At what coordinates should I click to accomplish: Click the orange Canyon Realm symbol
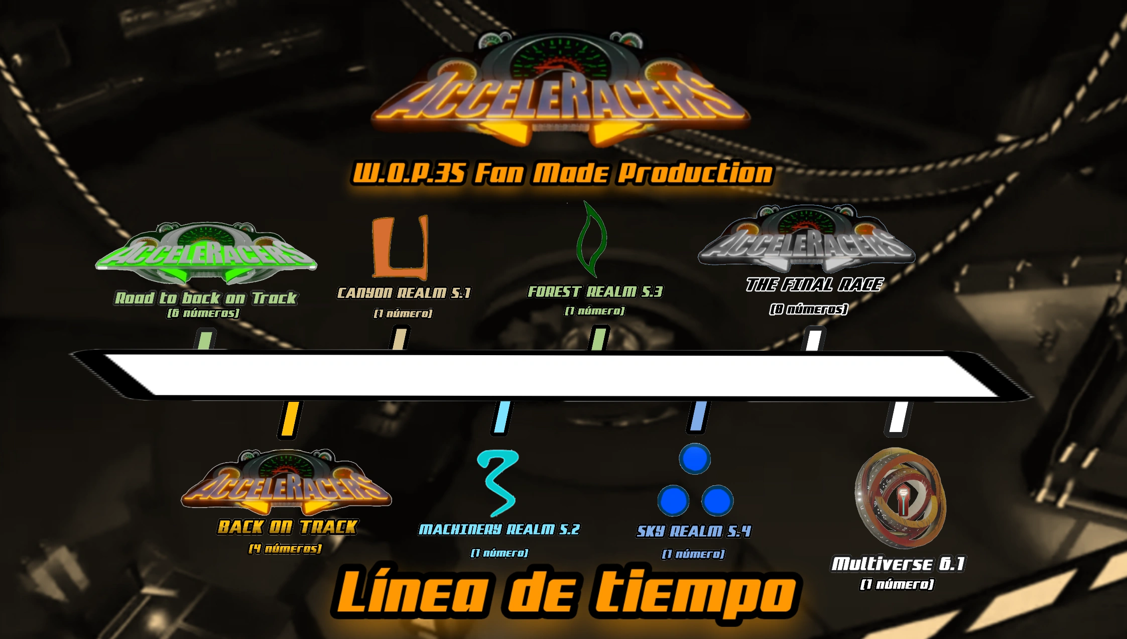coord(400,247)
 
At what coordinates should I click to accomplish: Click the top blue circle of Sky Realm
coord(695,458)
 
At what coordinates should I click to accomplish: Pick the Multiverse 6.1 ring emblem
coord(900,497)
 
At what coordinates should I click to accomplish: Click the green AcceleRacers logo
coord(206,254)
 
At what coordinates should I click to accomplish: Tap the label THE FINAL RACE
coord(814,285)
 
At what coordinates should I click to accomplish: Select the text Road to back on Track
coord(206,298)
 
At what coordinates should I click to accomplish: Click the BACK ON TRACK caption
coord(287,527)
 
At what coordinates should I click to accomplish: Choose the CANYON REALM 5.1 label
coord(404,293)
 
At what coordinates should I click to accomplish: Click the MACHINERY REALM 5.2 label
coord(499,529)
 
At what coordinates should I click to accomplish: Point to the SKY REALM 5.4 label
coord(694,531)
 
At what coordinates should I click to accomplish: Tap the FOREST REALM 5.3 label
coord(595,292)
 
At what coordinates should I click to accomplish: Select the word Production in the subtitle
coord(695,173)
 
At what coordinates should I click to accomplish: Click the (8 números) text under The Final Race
coord(808,309)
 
